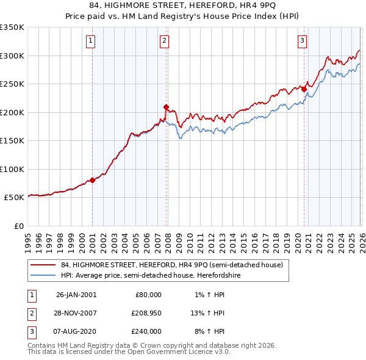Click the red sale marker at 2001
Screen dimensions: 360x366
[93, 180]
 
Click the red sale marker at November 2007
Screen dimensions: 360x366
[166, 107]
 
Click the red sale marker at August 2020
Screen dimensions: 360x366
[304, 89]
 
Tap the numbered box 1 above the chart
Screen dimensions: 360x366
[90, 41]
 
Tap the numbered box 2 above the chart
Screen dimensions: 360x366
[165, 41]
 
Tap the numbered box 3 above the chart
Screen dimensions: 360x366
[302, 41]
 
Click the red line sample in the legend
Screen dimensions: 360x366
[44, 265]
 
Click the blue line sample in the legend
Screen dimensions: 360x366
[44, 275]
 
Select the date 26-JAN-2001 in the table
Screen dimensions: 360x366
[76, 295]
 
